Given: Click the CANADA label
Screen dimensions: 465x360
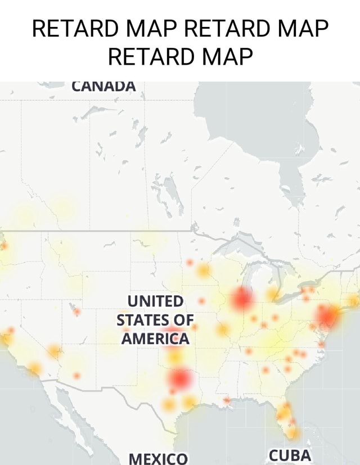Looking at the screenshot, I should [x=104, y=86].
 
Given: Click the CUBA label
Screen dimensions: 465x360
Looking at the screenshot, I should [x=289, y=454].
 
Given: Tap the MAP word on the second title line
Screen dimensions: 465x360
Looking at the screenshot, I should [x=226, y=56].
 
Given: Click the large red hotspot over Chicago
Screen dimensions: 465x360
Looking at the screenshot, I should [x=242, y=298].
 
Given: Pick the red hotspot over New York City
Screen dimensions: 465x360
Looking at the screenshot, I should [x=327, y=317].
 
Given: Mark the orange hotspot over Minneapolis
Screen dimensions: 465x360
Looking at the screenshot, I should [x=203, y=271].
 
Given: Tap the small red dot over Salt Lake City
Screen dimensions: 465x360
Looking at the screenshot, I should [x=76, y=311].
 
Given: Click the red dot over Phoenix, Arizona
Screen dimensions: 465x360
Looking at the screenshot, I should [x=76, y=375].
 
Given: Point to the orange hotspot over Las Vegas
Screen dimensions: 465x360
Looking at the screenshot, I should [x=55, y=352].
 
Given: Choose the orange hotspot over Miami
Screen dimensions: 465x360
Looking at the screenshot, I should [x=292, y=432].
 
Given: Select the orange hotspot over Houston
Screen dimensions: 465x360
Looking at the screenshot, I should [x=188, y=401].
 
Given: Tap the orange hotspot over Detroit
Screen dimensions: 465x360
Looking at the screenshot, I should [x=273, y=294].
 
